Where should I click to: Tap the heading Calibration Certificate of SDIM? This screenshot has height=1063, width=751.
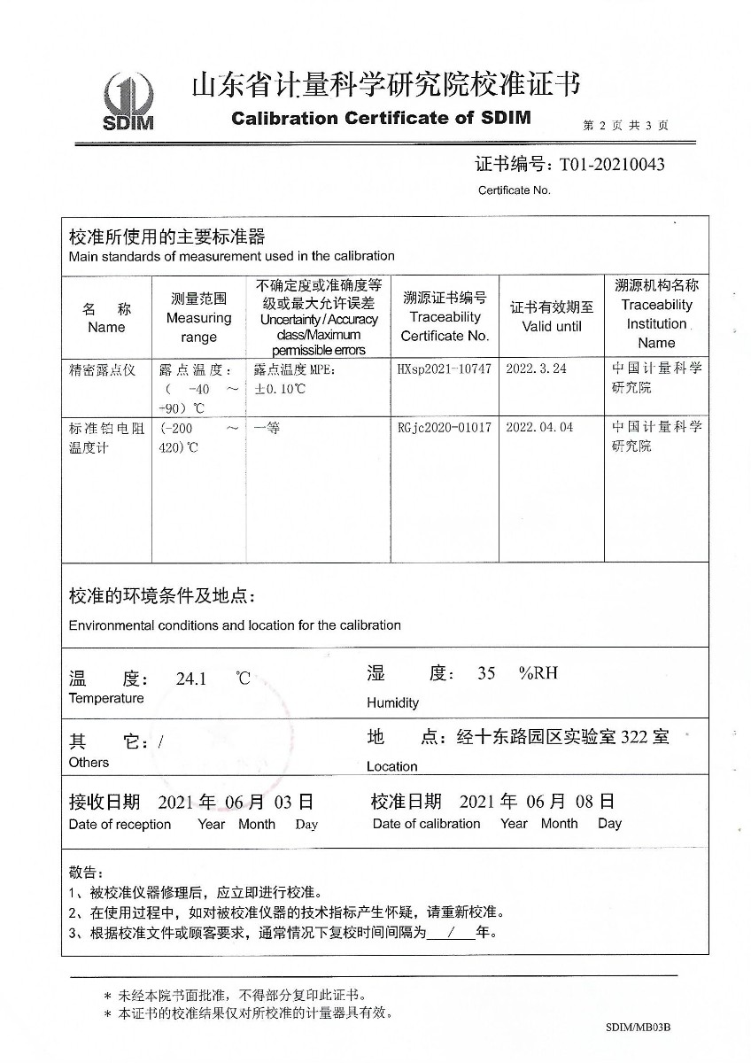pos(381,118)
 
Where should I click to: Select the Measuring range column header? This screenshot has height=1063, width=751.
pos(198,318)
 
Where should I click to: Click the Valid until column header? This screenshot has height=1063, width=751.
pos(552,318)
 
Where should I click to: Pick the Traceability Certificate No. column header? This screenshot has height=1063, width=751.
pos(445,317)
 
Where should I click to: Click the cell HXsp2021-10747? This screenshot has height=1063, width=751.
pos(445,369)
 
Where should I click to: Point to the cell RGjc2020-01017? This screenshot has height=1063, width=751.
pos(445,427)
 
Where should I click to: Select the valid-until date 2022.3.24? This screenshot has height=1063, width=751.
pos(536,369)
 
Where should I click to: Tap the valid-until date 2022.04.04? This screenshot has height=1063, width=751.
pos(539,427)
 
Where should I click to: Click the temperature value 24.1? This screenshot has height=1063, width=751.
pos(191,679)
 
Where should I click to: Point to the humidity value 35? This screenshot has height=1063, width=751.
pos(486,673)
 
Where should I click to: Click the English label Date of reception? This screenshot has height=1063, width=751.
pos(120,825)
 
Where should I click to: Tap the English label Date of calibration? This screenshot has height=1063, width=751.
pos(427,824)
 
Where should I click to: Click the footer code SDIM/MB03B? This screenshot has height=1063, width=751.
pos(638,1028)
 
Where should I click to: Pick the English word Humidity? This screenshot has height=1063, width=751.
pos(392,703)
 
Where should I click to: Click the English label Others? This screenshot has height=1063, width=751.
pos(89,763)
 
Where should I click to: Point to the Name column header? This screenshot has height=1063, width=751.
pos(106,318)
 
